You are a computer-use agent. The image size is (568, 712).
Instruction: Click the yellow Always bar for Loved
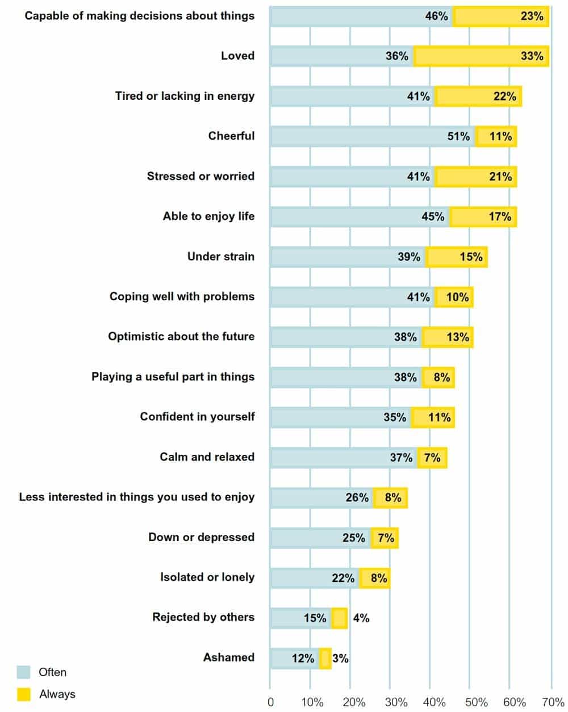[482, 56]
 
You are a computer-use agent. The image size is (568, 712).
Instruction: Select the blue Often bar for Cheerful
[372, 136]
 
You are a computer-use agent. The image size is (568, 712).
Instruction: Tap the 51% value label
[458, 136]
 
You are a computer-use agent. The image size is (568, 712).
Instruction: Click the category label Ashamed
[228, 657]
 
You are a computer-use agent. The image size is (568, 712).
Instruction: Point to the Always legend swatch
[24, 694]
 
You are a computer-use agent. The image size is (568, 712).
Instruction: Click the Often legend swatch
[24, 672]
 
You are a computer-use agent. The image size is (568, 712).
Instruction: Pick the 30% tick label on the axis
[395, 702]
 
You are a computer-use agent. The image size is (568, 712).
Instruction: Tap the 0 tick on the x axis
[270, 702]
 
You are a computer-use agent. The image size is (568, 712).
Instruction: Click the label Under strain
[220, 257]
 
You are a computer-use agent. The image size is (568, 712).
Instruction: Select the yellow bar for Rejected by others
[340, 618]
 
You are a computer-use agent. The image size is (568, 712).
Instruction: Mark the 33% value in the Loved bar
[532, 56]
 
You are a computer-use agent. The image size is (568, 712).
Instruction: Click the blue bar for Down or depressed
[320, 538]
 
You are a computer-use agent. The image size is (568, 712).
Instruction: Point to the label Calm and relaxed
[207, 457]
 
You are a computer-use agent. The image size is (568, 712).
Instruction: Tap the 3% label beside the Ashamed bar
[340, 659]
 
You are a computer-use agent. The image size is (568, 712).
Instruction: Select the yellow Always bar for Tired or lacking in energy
[478, 97]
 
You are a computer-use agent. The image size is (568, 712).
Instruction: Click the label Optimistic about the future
[181, 337]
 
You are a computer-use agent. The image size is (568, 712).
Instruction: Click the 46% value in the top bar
[436, 16]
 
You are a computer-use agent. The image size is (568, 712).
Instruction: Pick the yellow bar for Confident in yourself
[433, 417]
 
